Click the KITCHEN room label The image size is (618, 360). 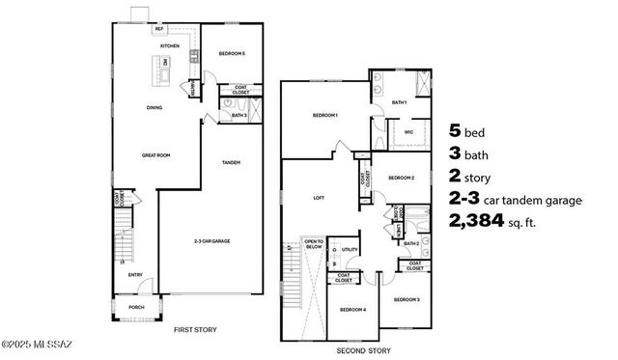[169, 45]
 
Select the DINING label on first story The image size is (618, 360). [154, 108]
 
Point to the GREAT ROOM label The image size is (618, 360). [155, 154]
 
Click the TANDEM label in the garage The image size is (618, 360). [230, 162]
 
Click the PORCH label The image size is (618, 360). [136, 308]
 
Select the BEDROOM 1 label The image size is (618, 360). [324, 116]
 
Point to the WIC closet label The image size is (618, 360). [408, 134]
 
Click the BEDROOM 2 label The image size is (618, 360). [401, 178]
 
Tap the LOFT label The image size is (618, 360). [319, 198]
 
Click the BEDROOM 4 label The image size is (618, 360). [352, 310]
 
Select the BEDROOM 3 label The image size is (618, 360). [407, 300]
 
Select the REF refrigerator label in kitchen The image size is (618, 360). [159, 30]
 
